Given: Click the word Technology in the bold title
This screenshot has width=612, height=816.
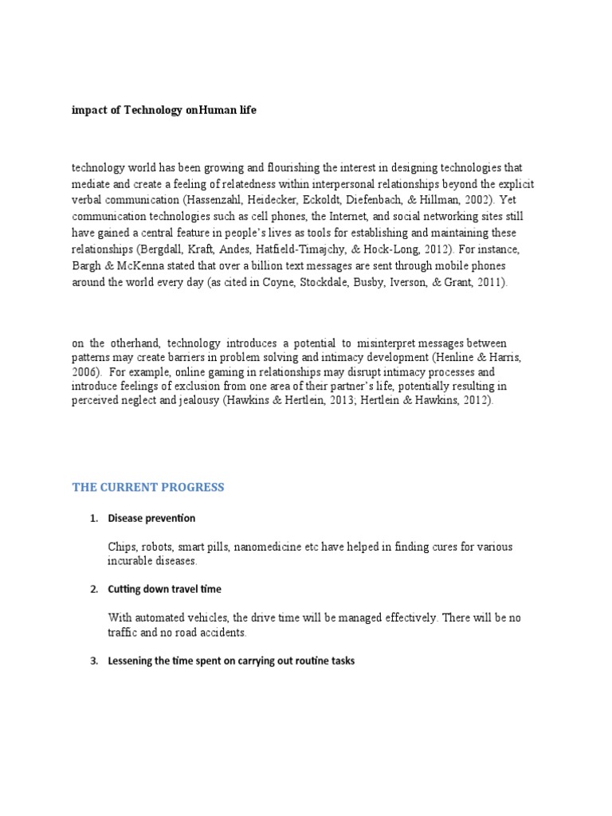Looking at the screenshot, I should click(x=151, y=112).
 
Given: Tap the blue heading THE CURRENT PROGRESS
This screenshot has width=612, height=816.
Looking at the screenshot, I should click(x=148, y=488).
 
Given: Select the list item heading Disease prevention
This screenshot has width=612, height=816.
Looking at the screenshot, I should click(x=151, y=518).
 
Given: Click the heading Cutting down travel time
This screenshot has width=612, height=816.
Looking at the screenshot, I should click(x=164, y=589).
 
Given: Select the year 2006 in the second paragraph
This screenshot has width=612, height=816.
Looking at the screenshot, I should click(x=85, y=371).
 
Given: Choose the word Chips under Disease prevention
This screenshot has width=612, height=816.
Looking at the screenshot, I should click(x=121, y=547).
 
